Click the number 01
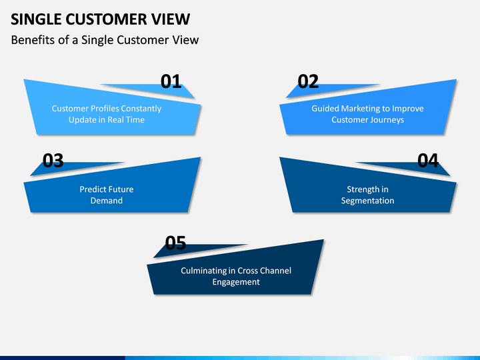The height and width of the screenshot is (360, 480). (171, 82)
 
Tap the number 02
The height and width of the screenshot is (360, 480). (308, 82)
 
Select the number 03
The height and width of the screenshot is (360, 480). (53, 161)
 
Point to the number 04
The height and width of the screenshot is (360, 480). (428, 161)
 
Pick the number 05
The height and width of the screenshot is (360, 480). (175, 243)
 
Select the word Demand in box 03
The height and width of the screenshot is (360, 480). (107, 201)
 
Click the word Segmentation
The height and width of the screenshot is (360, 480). (367, 201)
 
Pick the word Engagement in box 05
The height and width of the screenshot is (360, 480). (236, 282)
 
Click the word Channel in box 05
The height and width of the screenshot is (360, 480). (277, 271)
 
